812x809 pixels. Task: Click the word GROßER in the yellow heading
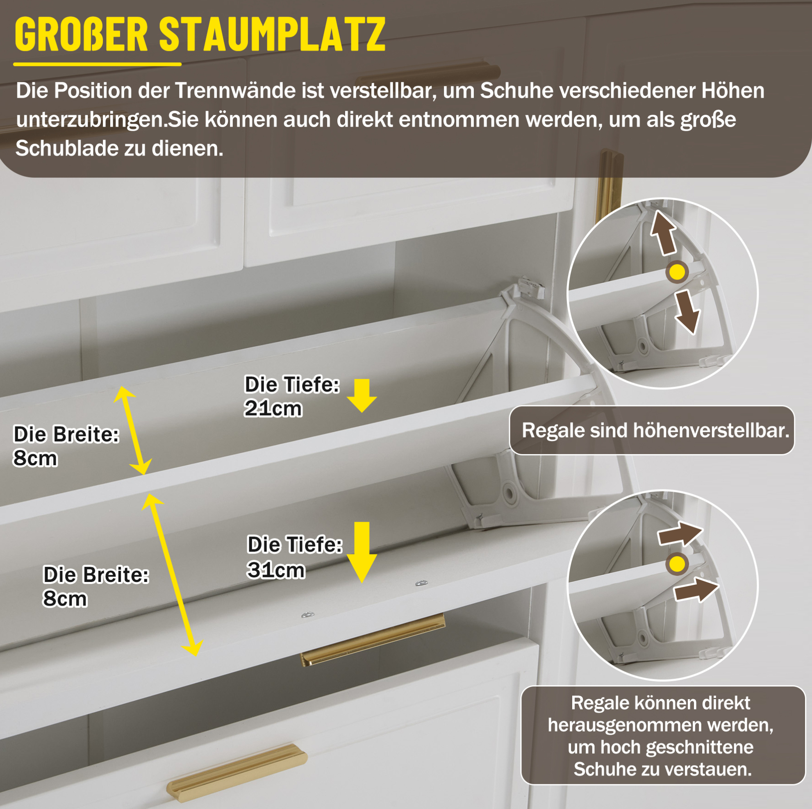click(81, 34)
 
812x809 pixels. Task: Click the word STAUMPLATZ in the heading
click(272, 34)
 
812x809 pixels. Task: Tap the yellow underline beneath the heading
click(97, 64)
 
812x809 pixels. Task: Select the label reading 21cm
click(273, 409)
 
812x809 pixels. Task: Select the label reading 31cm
click(276, 570)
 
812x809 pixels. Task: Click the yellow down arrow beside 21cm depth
click(362, 395)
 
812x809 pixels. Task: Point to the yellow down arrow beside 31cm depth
click(362, 552)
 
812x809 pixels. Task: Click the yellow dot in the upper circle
click(677, 272)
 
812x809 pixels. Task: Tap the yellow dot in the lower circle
click(677, 564)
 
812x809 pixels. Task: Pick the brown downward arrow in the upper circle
click(687, 312)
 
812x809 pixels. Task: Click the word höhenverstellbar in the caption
click(711, 430)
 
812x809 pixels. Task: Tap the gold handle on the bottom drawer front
click(237, 773)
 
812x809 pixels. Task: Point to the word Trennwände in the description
click(235, 90)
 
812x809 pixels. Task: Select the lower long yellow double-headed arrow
click(172, 575)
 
